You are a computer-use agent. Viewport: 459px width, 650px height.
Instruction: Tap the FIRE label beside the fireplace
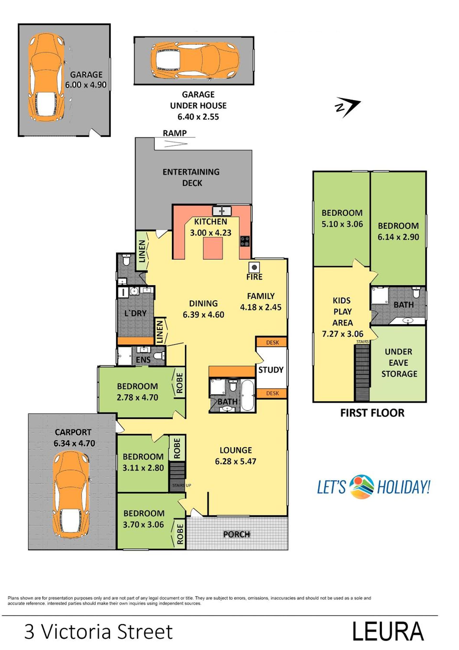pos(254,277)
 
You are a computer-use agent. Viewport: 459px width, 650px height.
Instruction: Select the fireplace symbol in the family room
pos(254,267)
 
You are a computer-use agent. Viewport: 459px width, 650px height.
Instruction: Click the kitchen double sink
pos(222,211)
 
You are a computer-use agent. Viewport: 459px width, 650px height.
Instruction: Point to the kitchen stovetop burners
pos(245,241)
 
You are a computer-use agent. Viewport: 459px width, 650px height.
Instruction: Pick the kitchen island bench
pos(213,248)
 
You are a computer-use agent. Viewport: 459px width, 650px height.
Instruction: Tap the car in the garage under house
pos(195,60)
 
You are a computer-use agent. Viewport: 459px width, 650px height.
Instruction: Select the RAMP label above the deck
pos(175,133)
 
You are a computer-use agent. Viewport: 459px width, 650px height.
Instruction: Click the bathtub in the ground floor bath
pos(248,395)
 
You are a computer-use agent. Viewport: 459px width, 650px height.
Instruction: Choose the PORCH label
pos(237,534)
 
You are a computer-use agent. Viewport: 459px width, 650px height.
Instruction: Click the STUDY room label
pos(271,370)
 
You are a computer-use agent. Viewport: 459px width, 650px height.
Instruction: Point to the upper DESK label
pos(272,342)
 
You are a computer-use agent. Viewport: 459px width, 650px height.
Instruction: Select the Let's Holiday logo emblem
pos(362,487)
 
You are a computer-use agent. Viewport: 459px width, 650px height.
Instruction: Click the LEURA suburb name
pos(388,631)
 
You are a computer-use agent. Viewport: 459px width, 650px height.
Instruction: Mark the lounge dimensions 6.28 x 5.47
pos(235,461)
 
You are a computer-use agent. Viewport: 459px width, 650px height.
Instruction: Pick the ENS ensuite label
pos(143,360)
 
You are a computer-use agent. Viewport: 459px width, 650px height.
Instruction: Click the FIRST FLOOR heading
pos(372,413)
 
